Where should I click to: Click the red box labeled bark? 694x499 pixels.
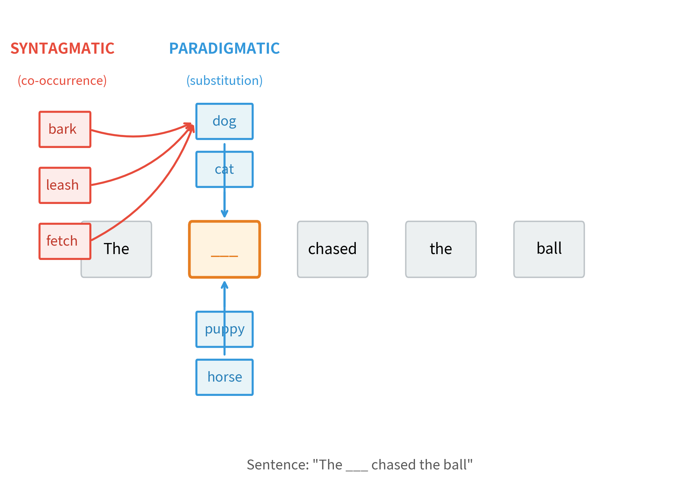65,129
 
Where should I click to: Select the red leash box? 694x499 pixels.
65,185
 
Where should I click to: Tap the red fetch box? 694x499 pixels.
65,241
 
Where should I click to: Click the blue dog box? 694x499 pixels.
224,121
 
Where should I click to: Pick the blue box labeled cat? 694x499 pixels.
224,169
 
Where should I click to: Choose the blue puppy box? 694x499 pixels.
224,329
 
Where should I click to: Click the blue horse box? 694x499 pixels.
224,377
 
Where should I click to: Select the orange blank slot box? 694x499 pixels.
224,249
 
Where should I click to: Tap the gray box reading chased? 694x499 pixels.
332,249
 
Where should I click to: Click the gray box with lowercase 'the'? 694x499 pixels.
441,249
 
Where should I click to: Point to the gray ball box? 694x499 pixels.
549,249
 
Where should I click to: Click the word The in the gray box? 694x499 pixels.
117,249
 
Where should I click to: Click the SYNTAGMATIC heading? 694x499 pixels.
62,48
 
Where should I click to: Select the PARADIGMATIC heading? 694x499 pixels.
224,48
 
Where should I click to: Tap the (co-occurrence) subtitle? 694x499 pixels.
62,80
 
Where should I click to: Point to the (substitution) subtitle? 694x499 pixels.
224,80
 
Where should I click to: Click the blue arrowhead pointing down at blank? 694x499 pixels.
224,214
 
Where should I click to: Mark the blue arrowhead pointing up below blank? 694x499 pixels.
224,285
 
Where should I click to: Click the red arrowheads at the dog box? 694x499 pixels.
191,127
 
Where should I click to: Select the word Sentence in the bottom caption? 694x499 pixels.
277,465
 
